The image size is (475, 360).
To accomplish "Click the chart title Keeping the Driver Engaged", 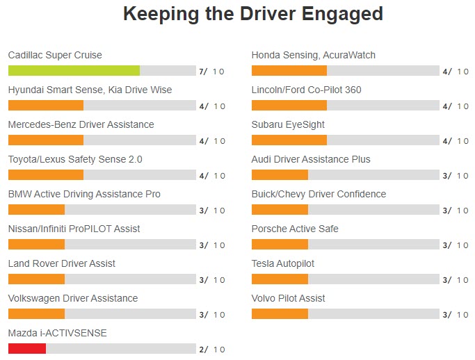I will click(252, 13).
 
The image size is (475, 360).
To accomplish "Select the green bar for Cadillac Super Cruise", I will click(74, 71).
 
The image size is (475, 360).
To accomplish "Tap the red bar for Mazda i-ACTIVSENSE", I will click(27, 349).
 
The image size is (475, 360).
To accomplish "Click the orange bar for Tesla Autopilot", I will click(280, 279).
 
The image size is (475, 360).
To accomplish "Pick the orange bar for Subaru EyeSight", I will click(289, 140).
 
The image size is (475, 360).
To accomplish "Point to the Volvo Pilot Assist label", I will click(288, 298).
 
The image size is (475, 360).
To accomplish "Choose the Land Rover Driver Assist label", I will click(62, 263).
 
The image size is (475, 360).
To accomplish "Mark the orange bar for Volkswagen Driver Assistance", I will click(36, 314).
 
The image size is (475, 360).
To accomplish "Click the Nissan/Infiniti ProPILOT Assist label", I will click(74, 229).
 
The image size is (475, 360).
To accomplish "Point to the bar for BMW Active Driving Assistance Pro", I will click(36, 210).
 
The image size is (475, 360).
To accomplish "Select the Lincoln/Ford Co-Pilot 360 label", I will click(306, 90).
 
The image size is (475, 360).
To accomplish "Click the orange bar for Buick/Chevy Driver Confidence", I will click(280, 210).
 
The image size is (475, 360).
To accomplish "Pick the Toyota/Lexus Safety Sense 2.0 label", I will click(75, 159).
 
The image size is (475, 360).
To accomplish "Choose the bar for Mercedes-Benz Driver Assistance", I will click(46, 140).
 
